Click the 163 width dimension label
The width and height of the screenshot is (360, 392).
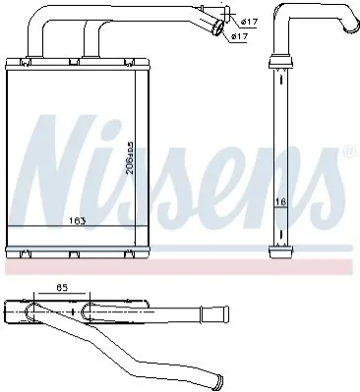click(x=78, y=221)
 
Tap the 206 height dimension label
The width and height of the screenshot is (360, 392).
click(x=130, y=157)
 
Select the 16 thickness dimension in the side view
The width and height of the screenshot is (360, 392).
click(x=280, y=202)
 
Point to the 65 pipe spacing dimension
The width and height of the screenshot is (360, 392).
click(x=62, y=288)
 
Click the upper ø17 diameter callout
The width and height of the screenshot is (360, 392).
click(x=249, y=22)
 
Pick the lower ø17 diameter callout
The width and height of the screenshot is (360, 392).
click(x=239, y=36)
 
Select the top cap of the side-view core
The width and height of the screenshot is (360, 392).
click(x=280, y=62)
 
